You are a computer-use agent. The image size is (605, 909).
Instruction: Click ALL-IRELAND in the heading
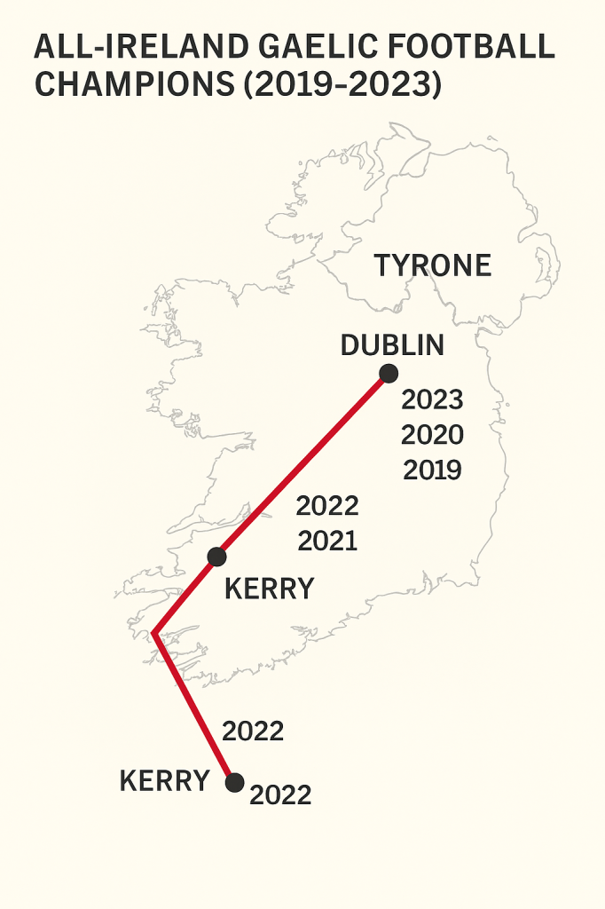[121, 47]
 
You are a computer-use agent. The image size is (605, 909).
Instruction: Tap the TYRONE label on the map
[432, 265]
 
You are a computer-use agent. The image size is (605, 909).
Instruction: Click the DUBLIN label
[392, 344]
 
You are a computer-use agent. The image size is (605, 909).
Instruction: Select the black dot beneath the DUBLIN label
[388, 374]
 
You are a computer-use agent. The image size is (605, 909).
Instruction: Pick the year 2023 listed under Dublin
[432, 400]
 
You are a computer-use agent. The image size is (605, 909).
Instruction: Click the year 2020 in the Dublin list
[432, 435]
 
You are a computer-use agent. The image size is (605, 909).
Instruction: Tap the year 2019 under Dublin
[432, 470]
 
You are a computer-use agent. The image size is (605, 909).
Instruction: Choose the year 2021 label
[327, 541]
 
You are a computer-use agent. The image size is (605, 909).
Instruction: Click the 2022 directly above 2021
[327, 506]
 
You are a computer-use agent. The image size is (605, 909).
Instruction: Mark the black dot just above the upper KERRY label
[216, 557]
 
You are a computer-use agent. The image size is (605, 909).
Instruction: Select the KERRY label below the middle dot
[269, 589]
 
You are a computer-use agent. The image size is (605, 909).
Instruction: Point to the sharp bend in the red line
[154, 634]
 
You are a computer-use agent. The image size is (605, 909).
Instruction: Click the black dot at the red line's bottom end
[234, 782]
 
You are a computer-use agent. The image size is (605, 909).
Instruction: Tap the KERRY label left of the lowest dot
[164, 781]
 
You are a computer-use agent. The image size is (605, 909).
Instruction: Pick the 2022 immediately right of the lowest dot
[280, 795]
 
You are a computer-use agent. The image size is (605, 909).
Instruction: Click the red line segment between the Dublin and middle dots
[302, 465]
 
